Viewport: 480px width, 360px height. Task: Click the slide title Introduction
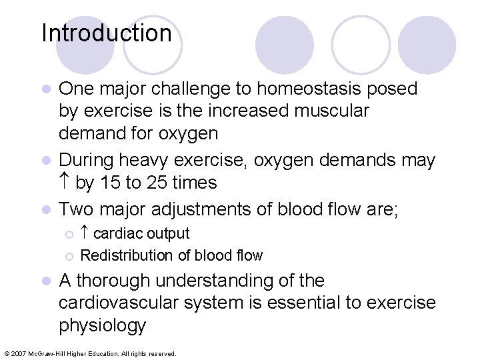(x=107, y=33)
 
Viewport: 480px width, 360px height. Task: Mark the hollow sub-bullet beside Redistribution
(x=68, y=256)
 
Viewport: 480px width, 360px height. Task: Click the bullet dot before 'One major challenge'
(x=46, y=89)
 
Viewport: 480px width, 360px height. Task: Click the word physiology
(x=102, y=326)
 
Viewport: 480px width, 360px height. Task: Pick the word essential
(x=323, y=303)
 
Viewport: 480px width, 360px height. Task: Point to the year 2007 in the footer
(x=18, y=353)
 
